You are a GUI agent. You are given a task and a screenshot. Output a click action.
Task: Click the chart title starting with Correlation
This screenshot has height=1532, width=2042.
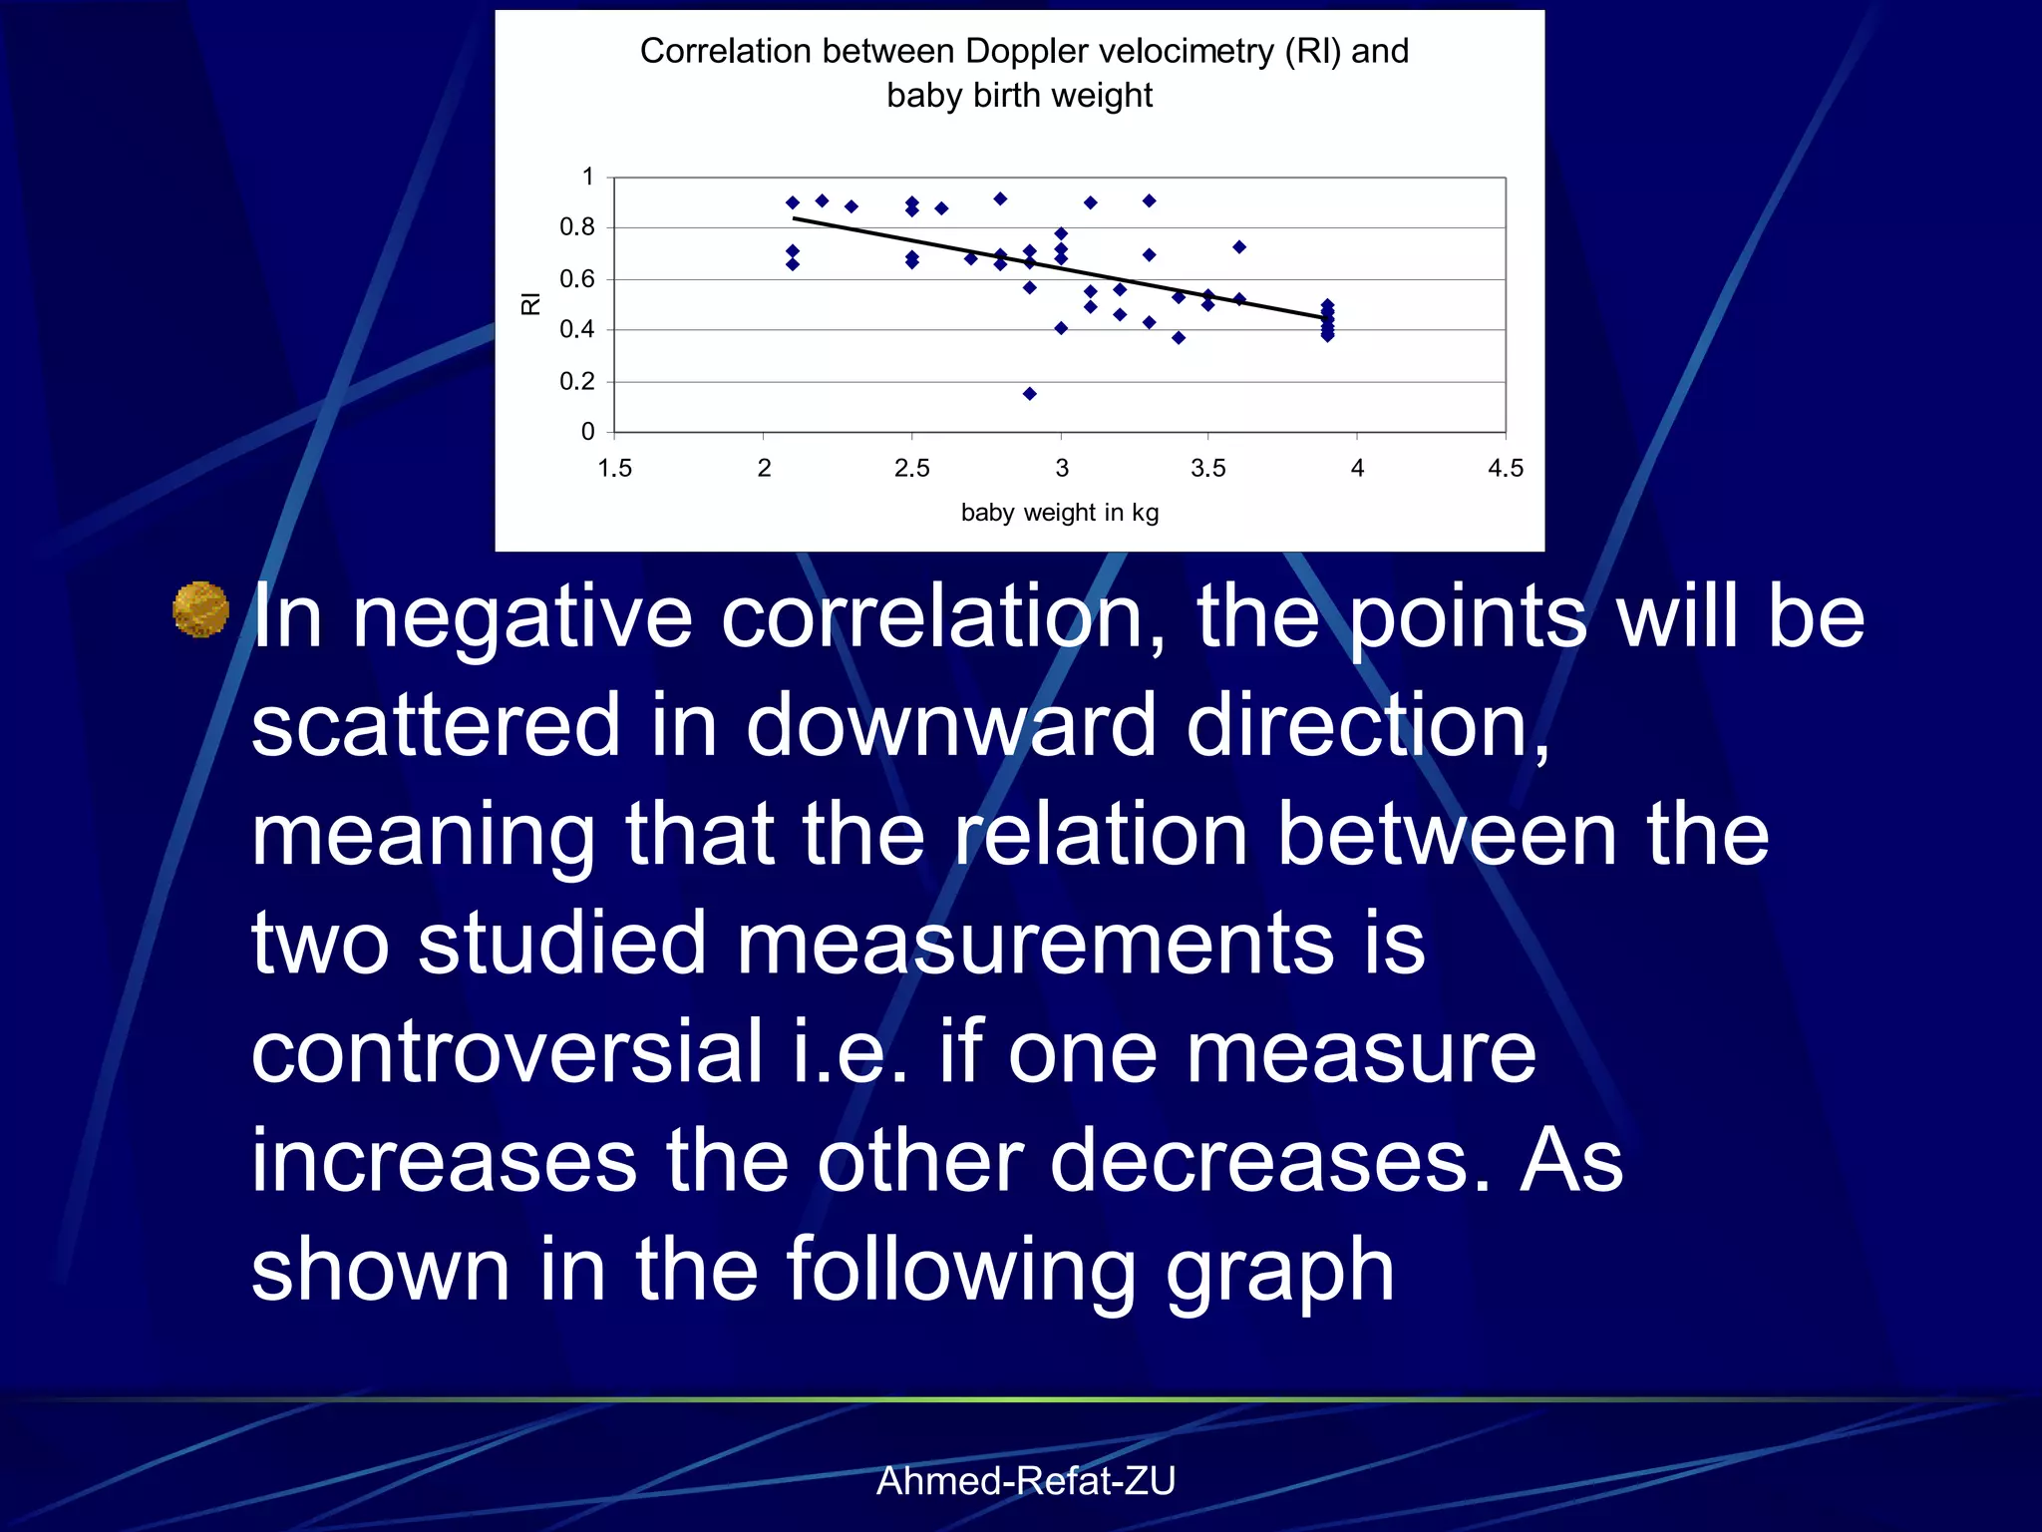(1023, 72)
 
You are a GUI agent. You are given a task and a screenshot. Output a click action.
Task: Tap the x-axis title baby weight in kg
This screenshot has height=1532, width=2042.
(1059, 513)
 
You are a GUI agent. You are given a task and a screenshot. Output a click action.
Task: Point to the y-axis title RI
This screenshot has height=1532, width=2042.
(530, 304)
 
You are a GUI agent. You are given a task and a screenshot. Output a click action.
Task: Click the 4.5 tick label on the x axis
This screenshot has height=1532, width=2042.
(1505, 468)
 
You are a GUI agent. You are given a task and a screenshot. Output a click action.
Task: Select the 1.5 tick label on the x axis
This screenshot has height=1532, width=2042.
(614, 468)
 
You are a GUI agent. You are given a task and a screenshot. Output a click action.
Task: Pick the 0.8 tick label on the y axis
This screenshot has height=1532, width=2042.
(576, 227)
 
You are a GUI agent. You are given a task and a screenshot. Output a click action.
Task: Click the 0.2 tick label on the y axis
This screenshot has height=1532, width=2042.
(576, 381)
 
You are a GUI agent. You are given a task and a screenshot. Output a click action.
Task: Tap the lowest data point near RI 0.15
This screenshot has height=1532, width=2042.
(1030, 394)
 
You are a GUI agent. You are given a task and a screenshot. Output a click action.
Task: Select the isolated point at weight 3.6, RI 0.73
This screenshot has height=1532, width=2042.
(1239, 247)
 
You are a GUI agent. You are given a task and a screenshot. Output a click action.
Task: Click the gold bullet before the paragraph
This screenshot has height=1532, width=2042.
(200, 608)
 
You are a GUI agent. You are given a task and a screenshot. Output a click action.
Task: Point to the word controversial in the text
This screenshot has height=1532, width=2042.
(507, 1052)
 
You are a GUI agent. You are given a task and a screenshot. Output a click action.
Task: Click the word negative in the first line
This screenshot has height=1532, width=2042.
(522, 618)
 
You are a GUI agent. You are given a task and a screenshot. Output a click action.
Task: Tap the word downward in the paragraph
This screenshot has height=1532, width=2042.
(950, 726)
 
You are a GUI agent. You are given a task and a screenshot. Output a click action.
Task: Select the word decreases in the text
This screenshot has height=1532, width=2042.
(1269, 1161)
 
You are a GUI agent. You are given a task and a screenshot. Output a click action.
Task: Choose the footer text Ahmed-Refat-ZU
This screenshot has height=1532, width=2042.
(1026, 1481)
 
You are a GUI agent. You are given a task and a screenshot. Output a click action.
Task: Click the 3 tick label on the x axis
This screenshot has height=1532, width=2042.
(1062, 468)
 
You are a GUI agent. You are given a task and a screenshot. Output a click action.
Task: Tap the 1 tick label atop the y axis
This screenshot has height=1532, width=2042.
(588, 177)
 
